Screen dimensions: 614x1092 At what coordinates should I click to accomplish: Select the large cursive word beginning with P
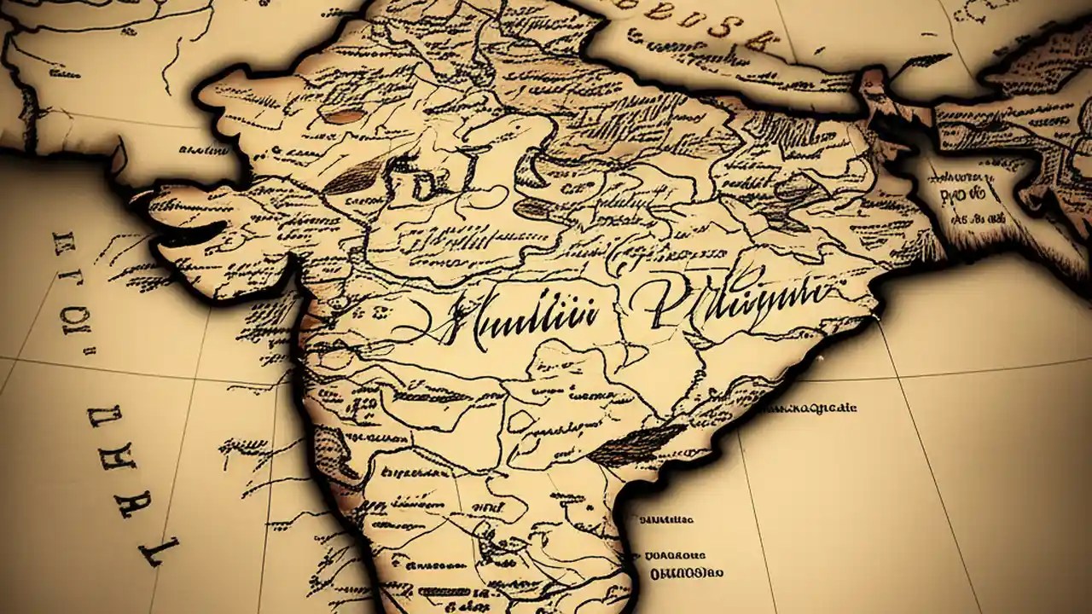point(725,303)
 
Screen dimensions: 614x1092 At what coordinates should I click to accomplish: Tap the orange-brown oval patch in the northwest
point(345,117)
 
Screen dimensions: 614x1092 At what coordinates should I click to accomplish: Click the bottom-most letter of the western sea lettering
point(159,550)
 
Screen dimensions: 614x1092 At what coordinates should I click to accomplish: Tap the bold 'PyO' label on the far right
point(964,199)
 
